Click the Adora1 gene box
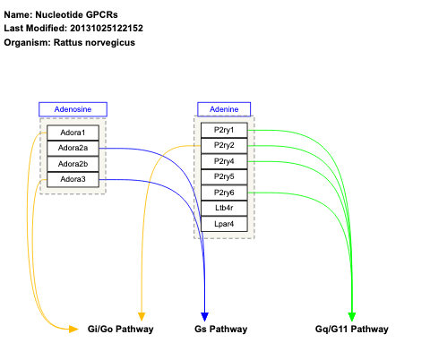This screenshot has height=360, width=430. pyautogui.click(x=73, y=133)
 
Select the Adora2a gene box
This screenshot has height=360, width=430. pyautogui.click(x=73, y=149)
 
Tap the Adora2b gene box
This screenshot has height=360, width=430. pyautogui.click(x=73, y=164)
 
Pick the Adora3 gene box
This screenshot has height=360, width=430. pyautogui.click(x=73, y=179)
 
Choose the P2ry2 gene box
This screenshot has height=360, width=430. pyautogui.click(x=224, y=146)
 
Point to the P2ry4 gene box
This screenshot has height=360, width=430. pyautogui.click(x=224, y=161)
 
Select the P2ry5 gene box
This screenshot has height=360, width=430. pyautogui.click(x=224, y=176)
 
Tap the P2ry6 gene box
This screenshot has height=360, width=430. pyautogui.click(x=224, y=193)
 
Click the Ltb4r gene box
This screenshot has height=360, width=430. pyautogui.click(x=224, y=208)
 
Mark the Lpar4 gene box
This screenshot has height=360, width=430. pyautogui.click(x=224, y=223)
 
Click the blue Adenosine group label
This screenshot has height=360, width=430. pyautogui.click(x=73, y=109)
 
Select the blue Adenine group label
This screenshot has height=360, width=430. pyautogui.click(x=224, y=109)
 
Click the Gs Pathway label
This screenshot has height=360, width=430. pyautogui.click(x=220, y=330)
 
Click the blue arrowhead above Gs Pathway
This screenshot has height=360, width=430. pyautogui.click(x=205, y=316)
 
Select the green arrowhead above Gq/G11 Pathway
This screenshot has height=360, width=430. pyautogui.click(x=352, y=316)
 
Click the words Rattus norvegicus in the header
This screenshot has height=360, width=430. pyautogui.click(x=103, y=43)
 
